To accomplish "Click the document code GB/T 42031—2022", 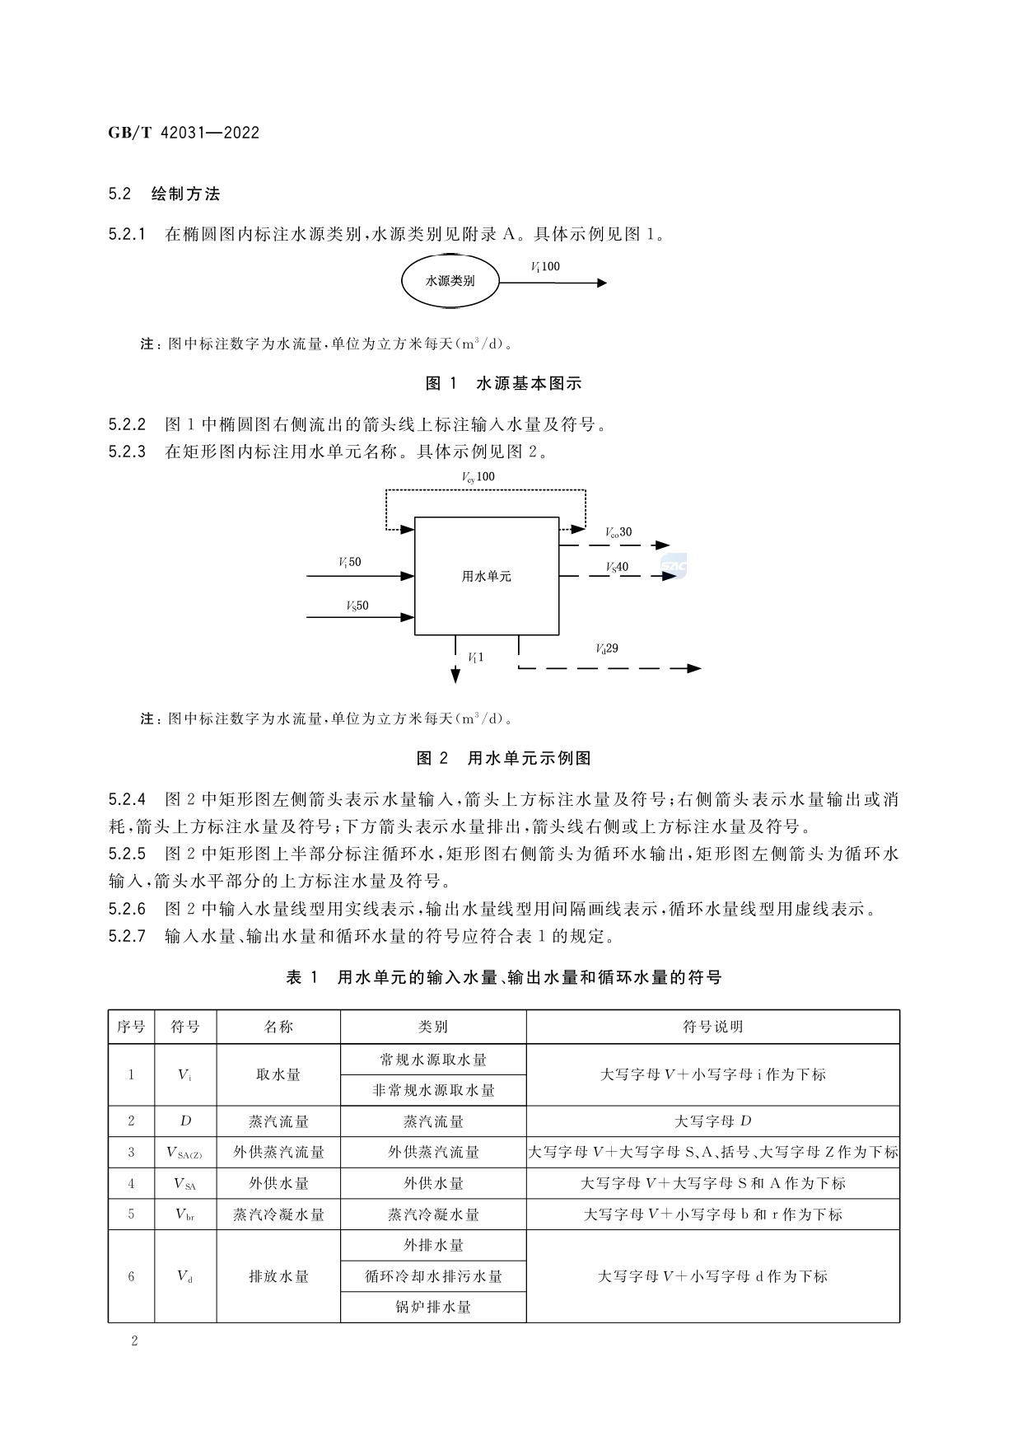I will (184, 133).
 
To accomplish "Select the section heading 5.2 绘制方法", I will (164, 194).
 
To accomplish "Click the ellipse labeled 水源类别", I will (450, 281).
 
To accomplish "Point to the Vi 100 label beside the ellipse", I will (545, 267).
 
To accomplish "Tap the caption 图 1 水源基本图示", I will (503, 383).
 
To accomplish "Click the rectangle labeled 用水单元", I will (486, 576).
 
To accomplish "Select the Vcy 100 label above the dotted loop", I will (478, 477).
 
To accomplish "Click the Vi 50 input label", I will (349, 563).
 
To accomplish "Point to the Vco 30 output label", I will (618, 532).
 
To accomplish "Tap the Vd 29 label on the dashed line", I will (607, 649).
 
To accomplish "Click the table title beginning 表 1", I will (503, 978).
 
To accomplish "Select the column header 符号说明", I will (712, 1027).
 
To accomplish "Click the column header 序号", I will (131, 1027).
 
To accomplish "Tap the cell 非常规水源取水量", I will (433, 1090).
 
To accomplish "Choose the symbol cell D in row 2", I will (185, 1121).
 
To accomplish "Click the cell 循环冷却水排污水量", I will (433, 1276).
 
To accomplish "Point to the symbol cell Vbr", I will (185, 1214).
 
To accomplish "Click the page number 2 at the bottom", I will (134, 1341).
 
